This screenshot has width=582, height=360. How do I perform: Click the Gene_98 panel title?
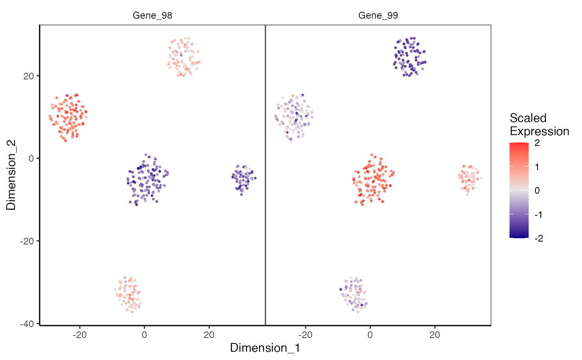pyautogui.click(x=152, y=16)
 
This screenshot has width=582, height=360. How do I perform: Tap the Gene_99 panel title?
pyautogui.click(x=378, y=16)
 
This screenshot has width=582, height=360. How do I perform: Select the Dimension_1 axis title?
pyautogui.click(x=265, y=348)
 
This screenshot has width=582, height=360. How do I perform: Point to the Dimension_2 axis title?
pyautogui.click(x=11, y=175)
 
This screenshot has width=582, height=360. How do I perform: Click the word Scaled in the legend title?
pyautogui.click(x=528, y=118)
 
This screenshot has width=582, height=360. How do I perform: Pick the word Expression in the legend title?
pyautogui.click(x=539, y=131)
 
